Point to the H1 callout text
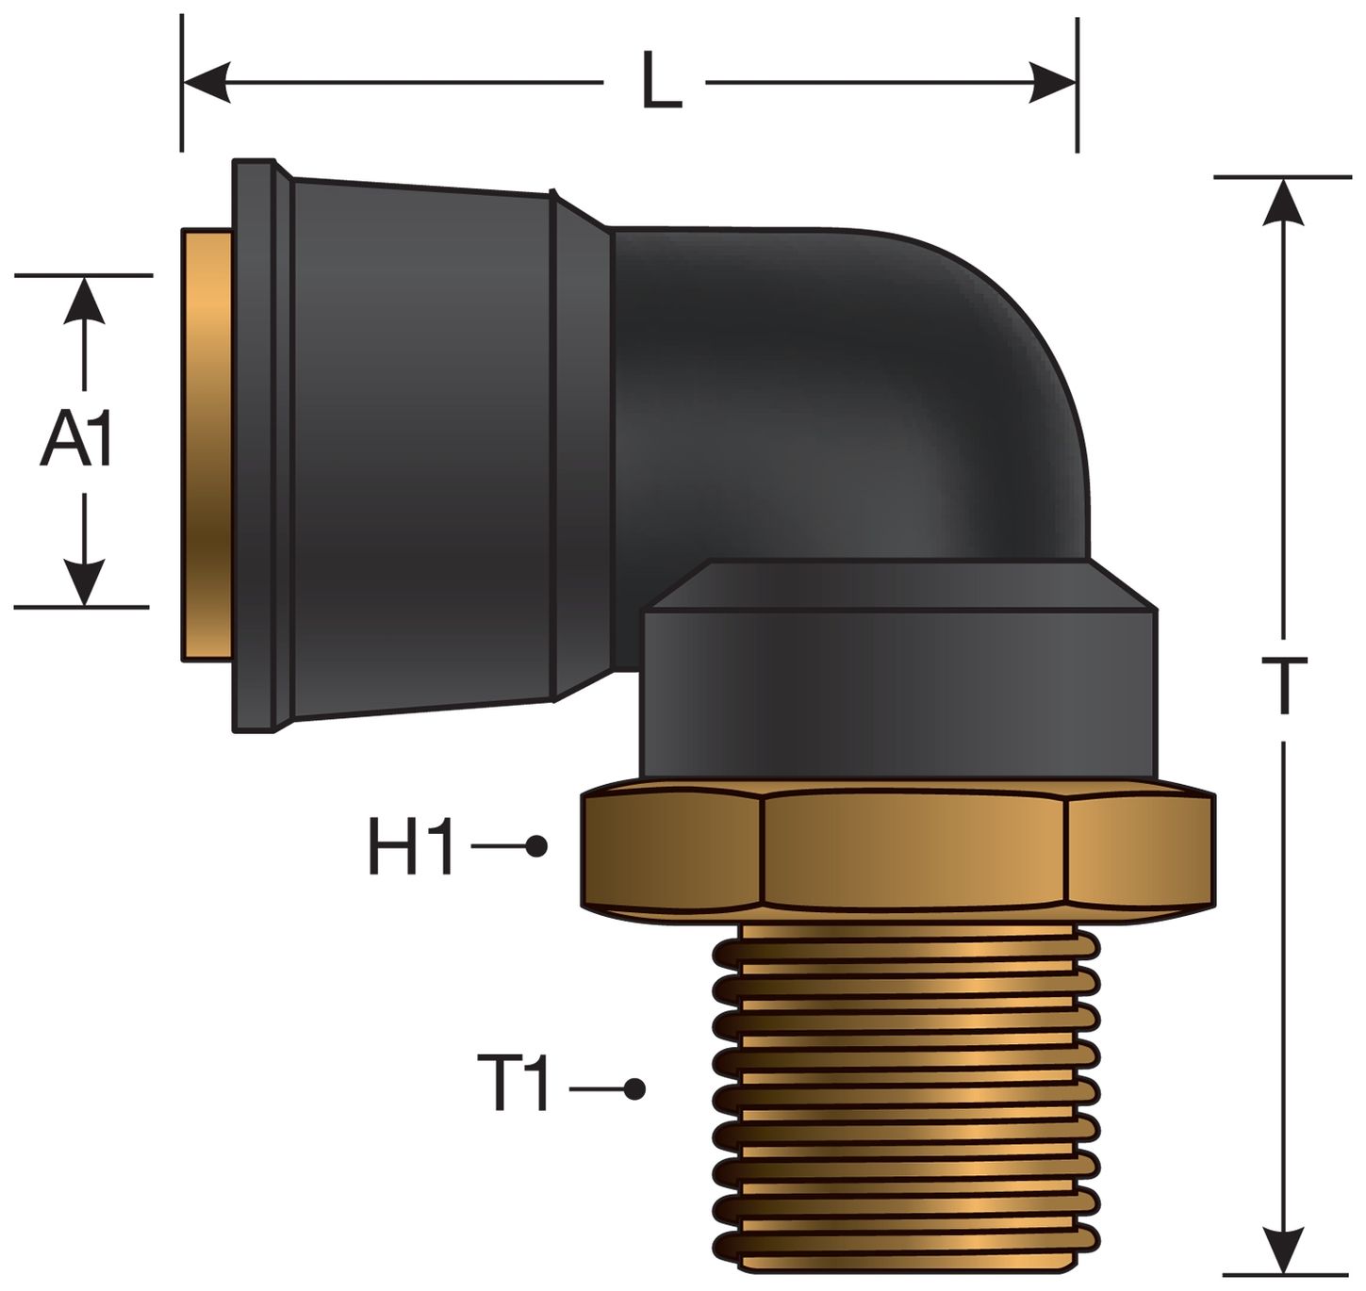411,847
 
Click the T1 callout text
514,1086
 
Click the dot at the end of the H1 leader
536,846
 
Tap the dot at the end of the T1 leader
635,1089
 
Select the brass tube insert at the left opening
207,443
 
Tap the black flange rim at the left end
253,443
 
